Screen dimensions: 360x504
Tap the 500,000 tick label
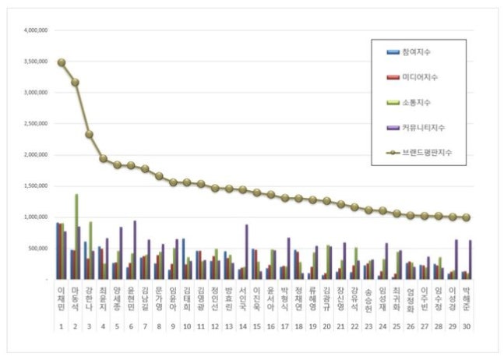(x=39, y=249)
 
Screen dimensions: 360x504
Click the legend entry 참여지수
(x=416, y=52)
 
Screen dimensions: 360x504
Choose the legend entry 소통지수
(x=416, y=102)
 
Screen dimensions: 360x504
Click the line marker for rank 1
(x=62, y=62)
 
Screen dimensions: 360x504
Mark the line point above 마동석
(x=76, y=82)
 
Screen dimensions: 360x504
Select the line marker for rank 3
(x=90, y=134)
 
